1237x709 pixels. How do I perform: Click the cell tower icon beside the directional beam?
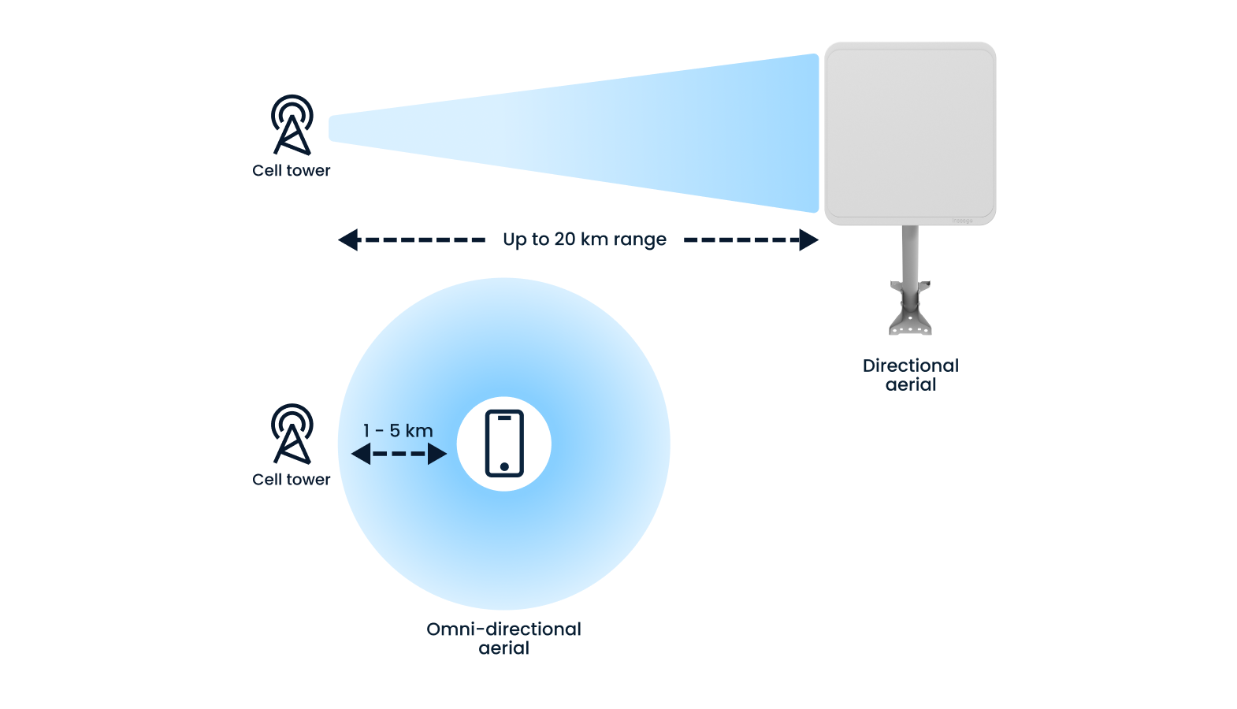(x=292, y=125)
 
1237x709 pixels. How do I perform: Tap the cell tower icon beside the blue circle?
(x=292, y=434)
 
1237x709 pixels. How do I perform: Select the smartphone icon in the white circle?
(x=504, y=444)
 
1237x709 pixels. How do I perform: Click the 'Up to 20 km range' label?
(x=585, y=239)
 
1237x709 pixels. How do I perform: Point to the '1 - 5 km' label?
(x=398, y=431)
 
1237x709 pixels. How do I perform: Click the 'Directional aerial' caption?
(x=911, y=375)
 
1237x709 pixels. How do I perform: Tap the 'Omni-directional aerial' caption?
(x=504, y=638)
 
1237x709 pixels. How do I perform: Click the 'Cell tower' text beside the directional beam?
(x=292, y=171)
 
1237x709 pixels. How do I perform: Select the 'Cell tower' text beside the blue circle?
(x=292, y=480)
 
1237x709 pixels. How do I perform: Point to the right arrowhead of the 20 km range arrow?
(x=808, y=239)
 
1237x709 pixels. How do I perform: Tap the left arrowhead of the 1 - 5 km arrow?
(x=361, y=454)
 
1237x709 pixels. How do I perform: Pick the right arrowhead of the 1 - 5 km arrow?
(x=437, y=454)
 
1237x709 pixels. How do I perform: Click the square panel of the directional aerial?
(x=910, y=133)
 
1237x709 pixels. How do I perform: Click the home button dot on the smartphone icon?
(x=504, y=466)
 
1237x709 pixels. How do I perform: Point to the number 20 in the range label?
(x=565, y=239)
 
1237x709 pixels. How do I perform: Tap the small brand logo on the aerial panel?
(x=963, y=221)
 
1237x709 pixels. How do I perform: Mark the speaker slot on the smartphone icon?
(x=504, y=418)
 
